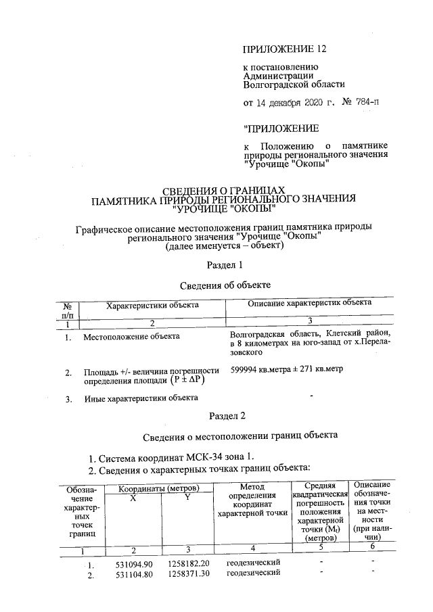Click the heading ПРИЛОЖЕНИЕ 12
(x=279, y=49)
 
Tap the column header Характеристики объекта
(x=153, y=305)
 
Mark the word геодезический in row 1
(x=253, y=563)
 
